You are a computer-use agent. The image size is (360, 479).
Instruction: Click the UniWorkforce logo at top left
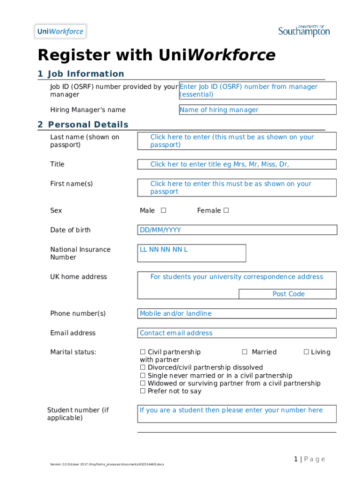(x=60, y=32)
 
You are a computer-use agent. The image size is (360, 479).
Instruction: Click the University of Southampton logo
(x=304, y=31)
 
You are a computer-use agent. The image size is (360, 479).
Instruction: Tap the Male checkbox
(x=163, y=210)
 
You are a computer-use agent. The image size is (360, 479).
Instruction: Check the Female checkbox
(x=226, y=210)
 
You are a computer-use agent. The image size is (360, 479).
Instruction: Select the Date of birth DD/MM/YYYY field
(x=237, y=230)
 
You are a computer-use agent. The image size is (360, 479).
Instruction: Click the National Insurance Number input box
(x=191, y=253)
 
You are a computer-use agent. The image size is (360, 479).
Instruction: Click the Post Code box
(x=288, y=294)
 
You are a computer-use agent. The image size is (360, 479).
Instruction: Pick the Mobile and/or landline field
(x=237, y=313)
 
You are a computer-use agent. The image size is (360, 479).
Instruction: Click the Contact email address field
(x=237, y=333)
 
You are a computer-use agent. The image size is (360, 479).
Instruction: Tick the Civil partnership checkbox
(x=143, y=352)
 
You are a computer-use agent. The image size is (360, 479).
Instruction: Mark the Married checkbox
(x=245, y=352)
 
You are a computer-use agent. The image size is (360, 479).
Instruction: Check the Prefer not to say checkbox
(x=143, y=391)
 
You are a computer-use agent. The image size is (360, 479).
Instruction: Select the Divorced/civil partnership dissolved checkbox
(x=143, y=368)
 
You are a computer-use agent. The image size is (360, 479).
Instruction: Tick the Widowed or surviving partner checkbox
(x=143, y=383)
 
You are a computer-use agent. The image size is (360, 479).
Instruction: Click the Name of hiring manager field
(x=258, y=110)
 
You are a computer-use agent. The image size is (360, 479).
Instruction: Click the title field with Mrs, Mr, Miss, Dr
(x=237, y=164)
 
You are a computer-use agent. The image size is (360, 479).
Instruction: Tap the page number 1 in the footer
(x=296, y=459)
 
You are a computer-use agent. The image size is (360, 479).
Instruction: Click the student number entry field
(x=237, y=414)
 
